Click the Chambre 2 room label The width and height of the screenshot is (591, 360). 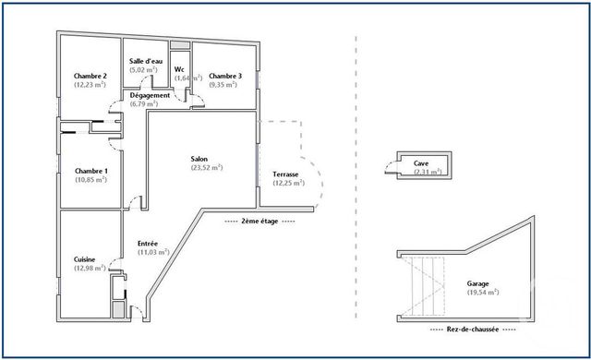click(91, 76)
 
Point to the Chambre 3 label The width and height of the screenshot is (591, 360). click(225, 76)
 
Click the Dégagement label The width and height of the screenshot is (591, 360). click(149, 95)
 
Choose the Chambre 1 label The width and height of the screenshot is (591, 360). click(91, 171)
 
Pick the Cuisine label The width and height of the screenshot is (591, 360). click(86, 260)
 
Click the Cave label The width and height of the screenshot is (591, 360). click(421, 162)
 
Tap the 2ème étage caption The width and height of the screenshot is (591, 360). click(259, 222)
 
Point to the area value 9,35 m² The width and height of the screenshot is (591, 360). click(225, 85)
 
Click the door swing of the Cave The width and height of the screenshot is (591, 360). click(389, 166)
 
